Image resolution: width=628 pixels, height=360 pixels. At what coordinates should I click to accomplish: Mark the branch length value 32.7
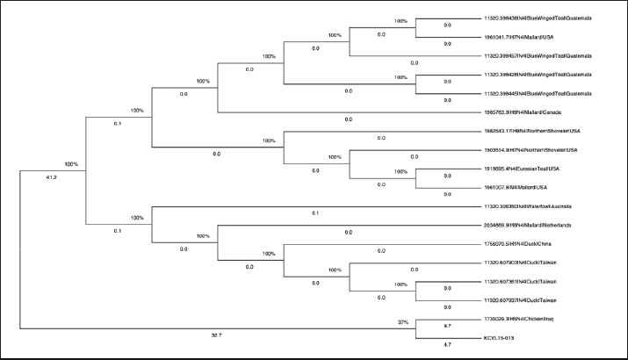click(x=216, y=335)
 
